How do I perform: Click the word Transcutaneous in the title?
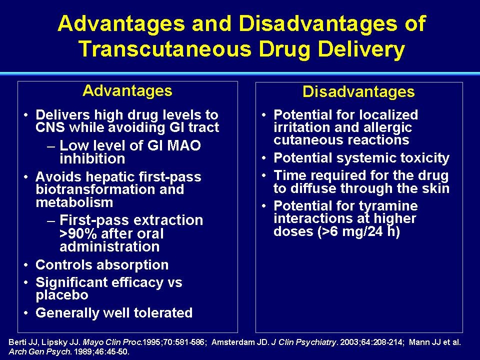coord(165,49)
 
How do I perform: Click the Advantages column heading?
coord(127,91)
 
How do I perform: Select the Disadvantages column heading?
coord(358,91)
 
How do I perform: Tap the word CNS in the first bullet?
coord(50,127)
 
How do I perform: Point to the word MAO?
coord(183,145)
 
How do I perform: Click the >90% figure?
coord(78,234)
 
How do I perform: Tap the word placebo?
coord(62,295)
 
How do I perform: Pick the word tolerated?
coord(163,313)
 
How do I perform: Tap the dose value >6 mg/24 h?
coord(359,231)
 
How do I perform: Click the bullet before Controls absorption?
coord(26,265)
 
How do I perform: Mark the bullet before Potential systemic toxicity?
coord(264,158)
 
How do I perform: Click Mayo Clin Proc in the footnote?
coord(112,342)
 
